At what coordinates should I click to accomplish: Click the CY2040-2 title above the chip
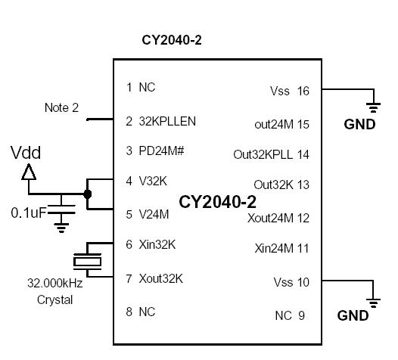172,39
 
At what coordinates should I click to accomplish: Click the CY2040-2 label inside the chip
217,202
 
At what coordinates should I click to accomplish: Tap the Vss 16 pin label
289,91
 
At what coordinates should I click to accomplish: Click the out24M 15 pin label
281,123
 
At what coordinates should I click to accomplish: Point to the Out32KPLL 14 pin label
271,154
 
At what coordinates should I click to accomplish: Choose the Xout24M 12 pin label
278,218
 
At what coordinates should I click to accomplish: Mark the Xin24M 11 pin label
281,248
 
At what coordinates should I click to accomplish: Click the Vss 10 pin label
291,282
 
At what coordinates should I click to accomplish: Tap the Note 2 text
61,108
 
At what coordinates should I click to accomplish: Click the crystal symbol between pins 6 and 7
86,262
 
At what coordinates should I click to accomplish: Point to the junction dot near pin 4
88,194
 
